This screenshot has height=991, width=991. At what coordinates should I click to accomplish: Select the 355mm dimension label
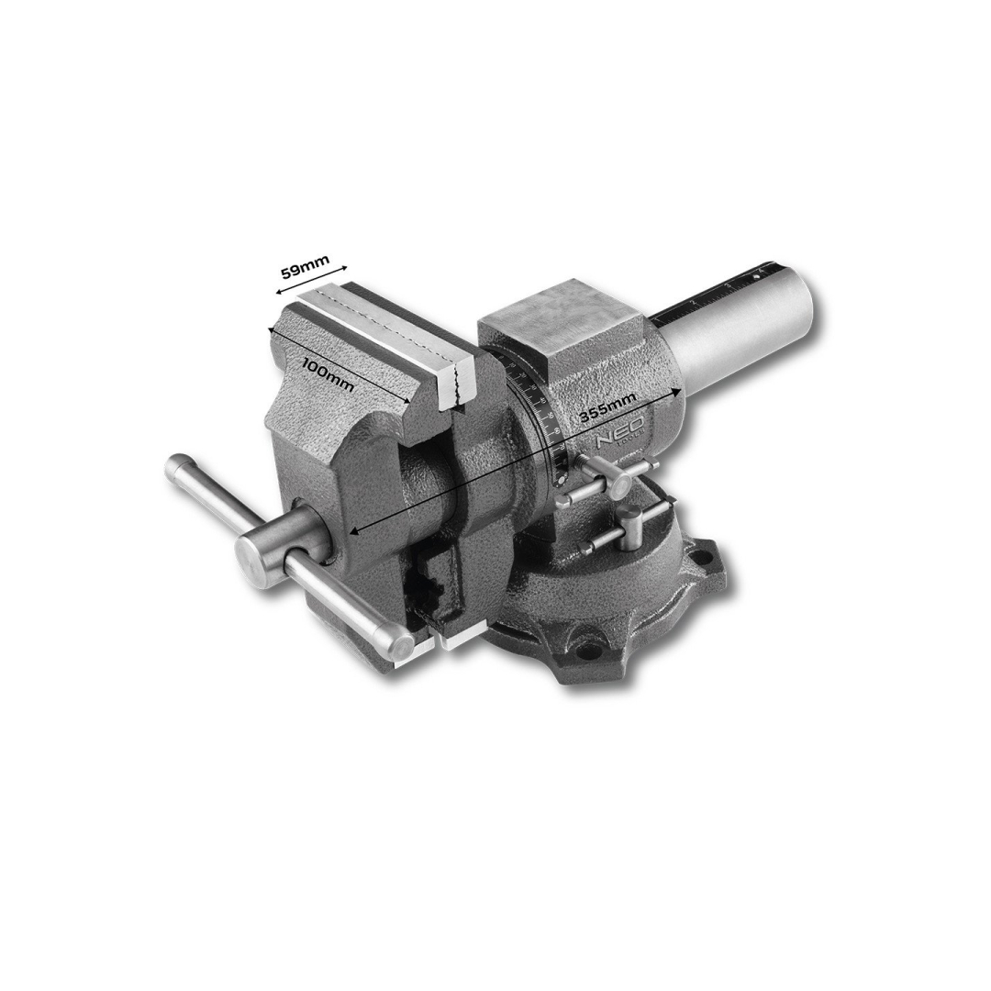[x=607, y=408]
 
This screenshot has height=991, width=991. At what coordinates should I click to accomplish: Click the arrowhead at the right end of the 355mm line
[x=677, y=392]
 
